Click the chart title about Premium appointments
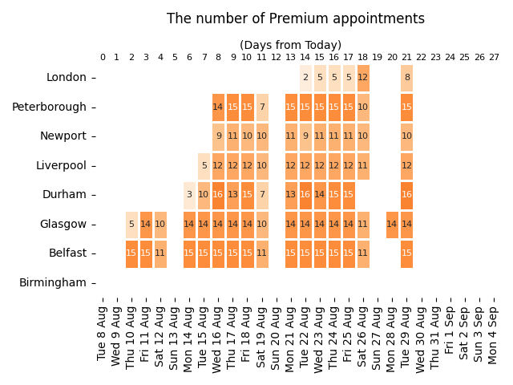coord(296,18)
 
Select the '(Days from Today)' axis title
coord(290,45)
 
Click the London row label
coord(67,78)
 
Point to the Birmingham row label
coord(52,283)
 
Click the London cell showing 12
coord(363,78)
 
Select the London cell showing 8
coord(407,78)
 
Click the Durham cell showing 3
coord(189,195)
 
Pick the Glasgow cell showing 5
coord(131,225)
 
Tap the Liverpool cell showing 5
coord(204,166)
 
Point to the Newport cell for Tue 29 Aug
coord(407,136)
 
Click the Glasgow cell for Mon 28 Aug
coord(392,225)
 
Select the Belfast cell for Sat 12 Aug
coord(160,253)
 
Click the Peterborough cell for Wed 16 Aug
coord(218,107)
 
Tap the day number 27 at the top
coord(494,58)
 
